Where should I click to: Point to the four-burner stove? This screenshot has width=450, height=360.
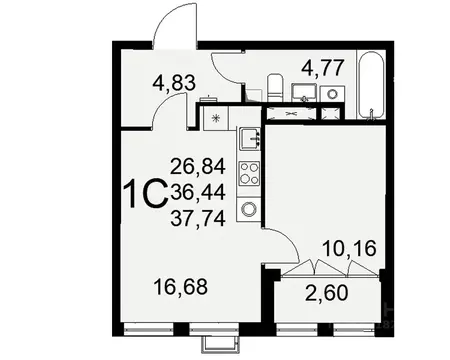point(248,172)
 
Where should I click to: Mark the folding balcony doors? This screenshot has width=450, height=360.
point(320,270)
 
